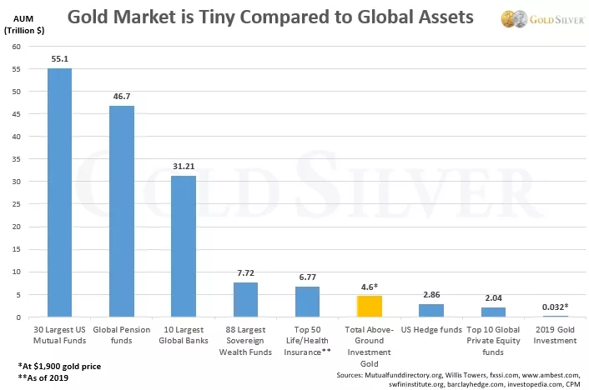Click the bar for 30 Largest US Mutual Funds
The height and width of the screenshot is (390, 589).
click(x=59, y=192)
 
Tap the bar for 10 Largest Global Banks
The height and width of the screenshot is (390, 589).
click(x=183, y=247)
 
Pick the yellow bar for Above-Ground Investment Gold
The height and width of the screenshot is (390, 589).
click(x=369, y=307)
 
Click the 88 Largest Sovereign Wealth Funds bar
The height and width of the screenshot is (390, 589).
click(x=245, y=300)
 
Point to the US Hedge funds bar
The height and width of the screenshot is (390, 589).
click(x=430, y=311)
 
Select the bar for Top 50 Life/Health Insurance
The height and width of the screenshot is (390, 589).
click(x=307, y=302)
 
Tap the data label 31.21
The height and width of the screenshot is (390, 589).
click(x=183, y=167)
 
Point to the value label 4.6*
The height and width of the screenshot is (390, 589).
click(x=370, y=287)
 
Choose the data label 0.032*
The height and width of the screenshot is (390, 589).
click(x=555, y=307)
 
